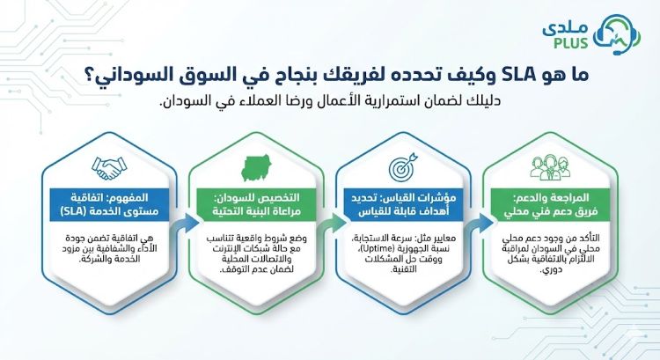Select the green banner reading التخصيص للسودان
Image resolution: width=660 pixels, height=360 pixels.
pos(253,204)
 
